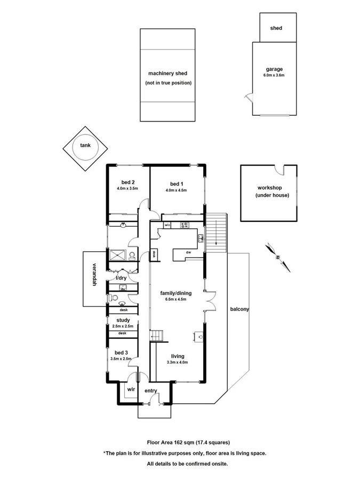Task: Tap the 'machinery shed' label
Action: click(167, 74)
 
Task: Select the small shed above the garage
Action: click(276, 28)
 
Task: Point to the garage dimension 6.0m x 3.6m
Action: click(274, 76)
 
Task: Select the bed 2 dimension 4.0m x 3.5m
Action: click(127, 188)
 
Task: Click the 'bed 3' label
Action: click(121, 353)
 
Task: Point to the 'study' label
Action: click(123, 320)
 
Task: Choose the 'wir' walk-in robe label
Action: click(130, 389)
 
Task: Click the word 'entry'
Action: click(151, 391)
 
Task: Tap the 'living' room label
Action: click(177, 356)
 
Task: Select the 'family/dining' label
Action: click(175, 293)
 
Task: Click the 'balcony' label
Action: click(239, 309)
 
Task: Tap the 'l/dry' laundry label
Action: click(121, 278)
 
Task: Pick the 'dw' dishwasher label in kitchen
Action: click(189, 252)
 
